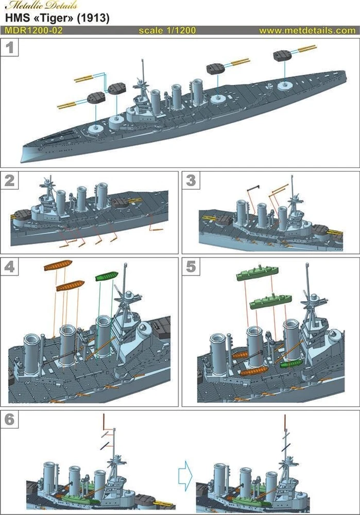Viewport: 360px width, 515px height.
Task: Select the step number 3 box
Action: pos(191,180)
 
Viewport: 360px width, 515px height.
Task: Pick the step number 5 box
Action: pos(191,267)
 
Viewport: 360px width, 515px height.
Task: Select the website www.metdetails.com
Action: pos(307,30)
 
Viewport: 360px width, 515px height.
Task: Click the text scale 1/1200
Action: pos(167,30)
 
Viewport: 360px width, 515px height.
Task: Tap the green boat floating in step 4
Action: pos(107,277)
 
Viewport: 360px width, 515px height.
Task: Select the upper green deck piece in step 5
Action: pos(257,273)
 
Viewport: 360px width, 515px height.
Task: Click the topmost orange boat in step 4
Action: pos(58,265)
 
